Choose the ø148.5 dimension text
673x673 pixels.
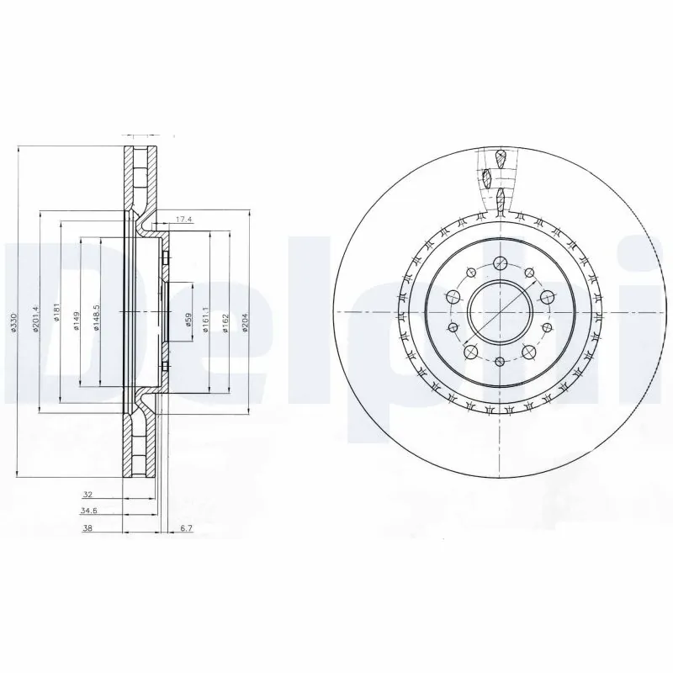pos(98,317)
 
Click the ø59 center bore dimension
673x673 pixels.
pos(189,319)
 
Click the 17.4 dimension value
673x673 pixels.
pos(183,220)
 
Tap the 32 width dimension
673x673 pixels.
pos(87,495)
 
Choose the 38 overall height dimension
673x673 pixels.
pos(87,529)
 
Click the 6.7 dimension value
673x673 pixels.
pos(187,529)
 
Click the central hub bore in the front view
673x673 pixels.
pos(499,311)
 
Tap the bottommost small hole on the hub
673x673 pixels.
pos(499,361)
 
